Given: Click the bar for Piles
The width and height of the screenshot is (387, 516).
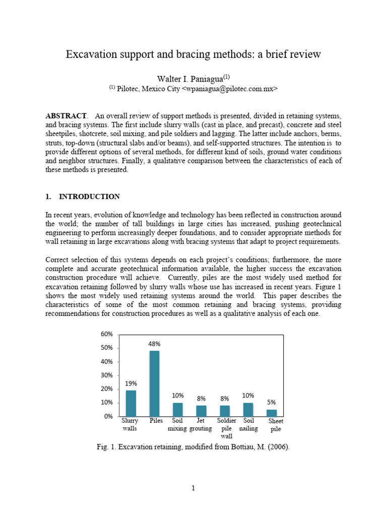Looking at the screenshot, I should click(x=154, y=383).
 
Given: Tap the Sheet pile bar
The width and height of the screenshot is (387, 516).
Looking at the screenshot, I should click(x=272, y=413).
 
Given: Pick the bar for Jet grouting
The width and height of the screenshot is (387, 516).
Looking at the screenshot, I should click(x=201, y=411).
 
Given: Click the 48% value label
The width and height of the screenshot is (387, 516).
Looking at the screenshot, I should click(x=154, y=344).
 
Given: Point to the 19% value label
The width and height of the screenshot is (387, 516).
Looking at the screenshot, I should click(x=131, y=383).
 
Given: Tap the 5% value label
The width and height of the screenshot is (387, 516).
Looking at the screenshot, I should click(x=272, y=402).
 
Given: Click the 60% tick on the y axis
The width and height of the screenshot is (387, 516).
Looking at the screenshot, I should click(x=107, y=335).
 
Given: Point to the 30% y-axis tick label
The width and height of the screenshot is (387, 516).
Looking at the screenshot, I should click(x=107, y=375).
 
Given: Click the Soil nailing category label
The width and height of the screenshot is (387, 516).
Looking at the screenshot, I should click(x=248, y=424).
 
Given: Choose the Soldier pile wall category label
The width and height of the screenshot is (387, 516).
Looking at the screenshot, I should click(x=226, y=428).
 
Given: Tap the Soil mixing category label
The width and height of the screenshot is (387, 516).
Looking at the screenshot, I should click(x=177, y=424).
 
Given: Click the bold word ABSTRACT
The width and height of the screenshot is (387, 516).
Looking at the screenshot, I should click(x=66, y=116).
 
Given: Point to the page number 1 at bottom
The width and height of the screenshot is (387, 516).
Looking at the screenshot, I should click(x=193, y=488).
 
